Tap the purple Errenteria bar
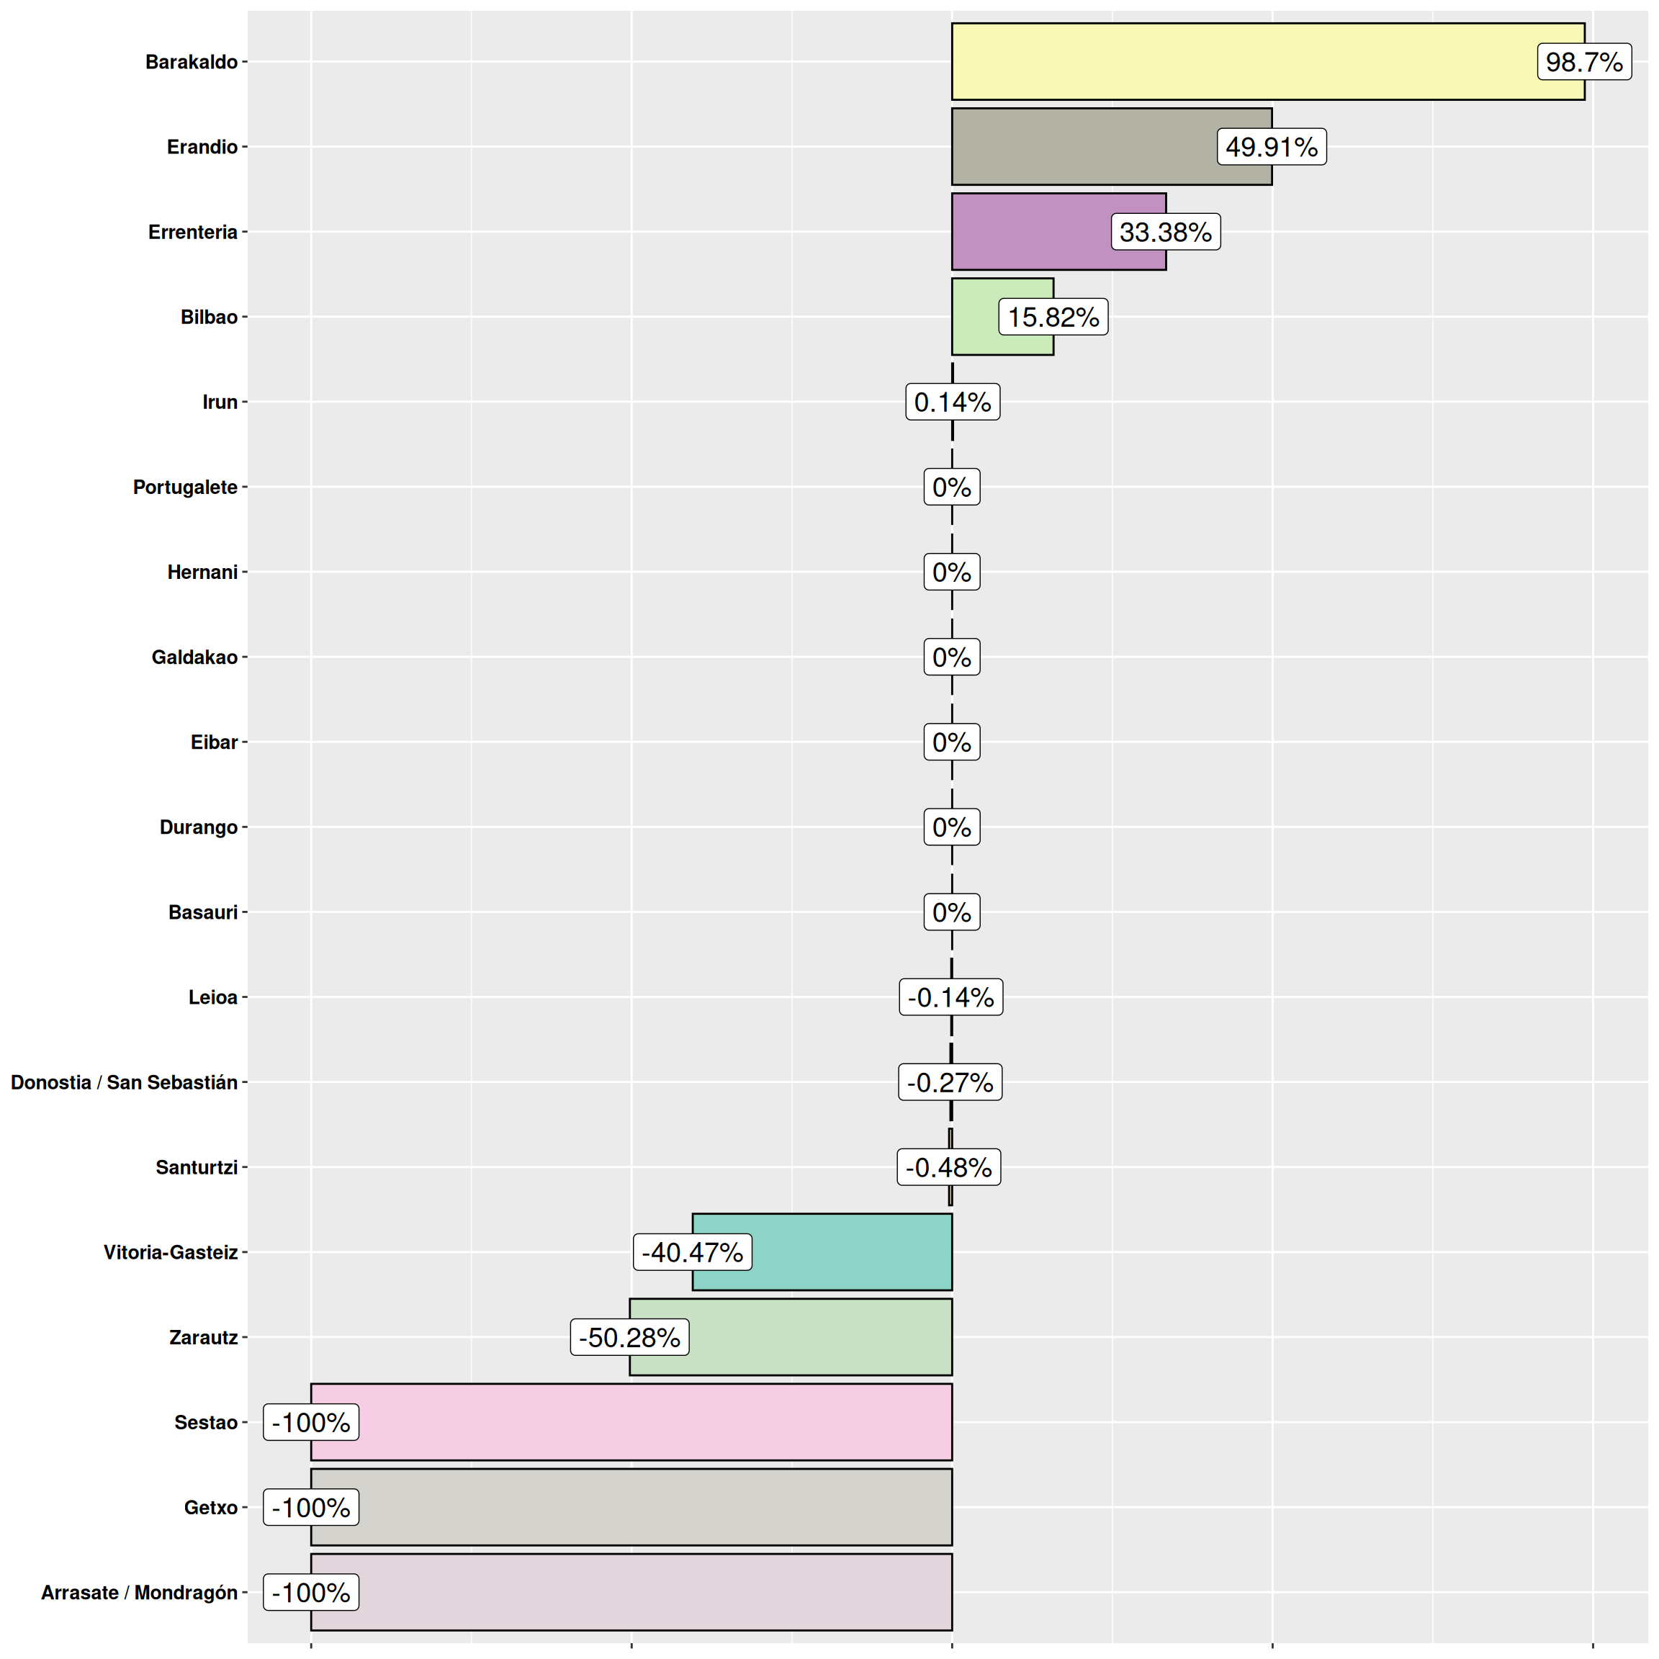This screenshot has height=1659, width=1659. tap(1030, 232)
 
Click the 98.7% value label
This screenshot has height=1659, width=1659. tap(1583, 62)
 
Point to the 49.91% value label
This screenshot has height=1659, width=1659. tap(1271, 147)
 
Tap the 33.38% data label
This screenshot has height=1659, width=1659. tap(1165, 232)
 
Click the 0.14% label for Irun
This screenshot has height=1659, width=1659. tap(953, 402)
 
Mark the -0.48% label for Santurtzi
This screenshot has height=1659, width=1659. tap(949, 1167)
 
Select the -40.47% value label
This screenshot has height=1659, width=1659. tap(692, 1252)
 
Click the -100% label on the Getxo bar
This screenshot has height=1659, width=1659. tap(311, 1507)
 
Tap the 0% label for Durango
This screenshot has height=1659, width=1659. tap(951, 827)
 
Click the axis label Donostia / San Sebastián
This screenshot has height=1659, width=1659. tap(124, 1082)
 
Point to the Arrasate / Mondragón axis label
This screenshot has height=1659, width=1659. tap(139, 1592)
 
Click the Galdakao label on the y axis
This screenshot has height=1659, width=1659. tap(194, 657)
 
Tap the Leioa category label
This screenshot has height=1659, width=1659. tap(213, 997)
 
